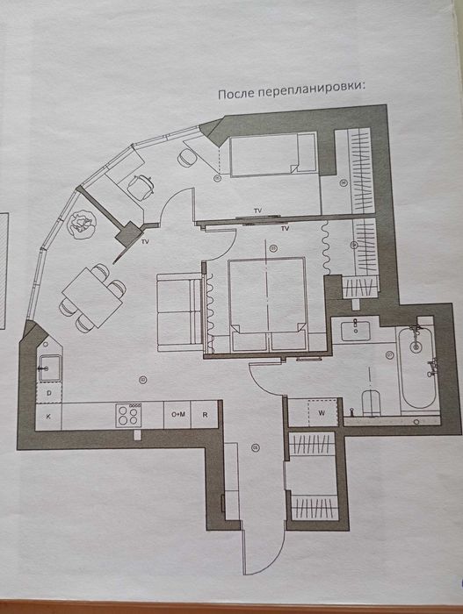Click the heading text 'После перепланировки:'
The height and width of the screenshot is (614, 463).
[x=292, y=92]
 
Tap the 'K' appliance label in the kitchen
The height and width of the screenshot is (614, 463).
[x=48, y=417]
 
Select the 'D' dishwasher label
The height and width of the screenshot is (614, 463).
[x=48, y=393]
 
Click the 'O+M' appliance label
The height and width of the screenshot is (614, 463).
[x=178, y=414]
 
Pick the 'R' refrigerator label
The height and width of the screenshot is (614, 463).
[x=205, y=415]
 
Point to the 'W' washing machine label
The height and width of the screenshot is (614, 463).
[x=322, y=413]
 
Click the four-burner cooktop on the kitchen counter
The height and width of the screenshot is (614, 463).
[x=128, y=416]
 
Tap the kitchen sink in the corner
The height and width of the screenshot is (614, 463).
[x=49, y=368]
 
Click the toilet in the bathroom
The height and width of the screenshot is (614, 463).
[x=371, y=403]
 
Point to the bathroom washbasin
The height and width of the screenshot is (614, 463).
[x=355, y=332]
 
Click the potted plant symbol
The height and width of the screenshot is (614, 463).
[x=81, y=223]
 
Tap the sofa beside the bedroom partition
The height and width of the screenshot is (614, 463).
[x=179, y=312]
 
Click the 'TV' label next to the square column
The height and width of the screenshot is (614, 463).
[x=145, y=242]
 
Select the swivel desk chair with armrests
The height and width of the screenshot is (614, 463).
[x=140, y=187]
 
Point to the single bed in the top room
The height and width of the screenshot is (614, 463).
[x=272, y=154]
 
